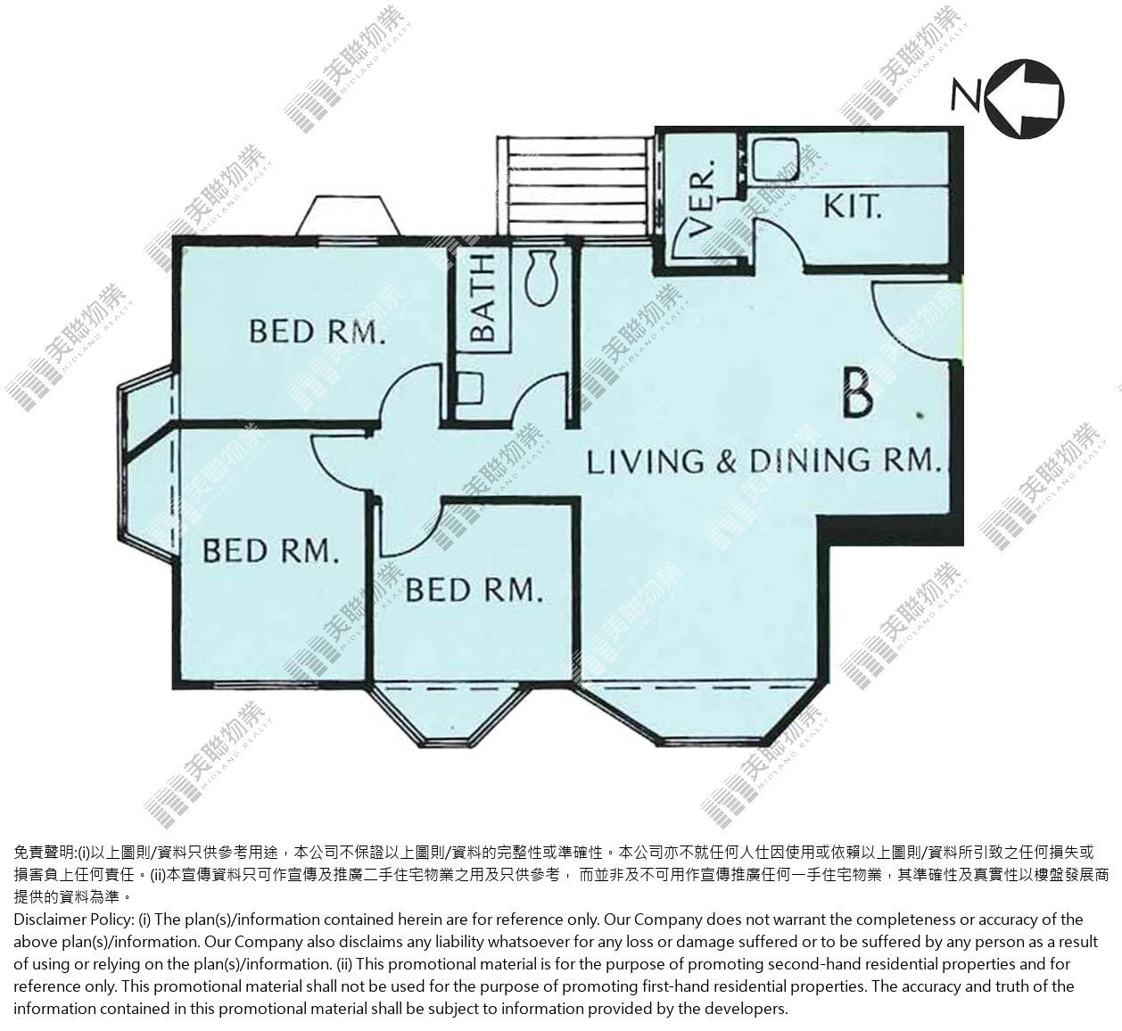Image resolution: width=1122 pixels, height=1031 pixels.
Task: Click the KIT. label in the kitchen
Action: point(852,206)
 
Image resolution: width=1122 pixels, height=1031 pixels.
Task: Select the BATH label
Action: point(483,297)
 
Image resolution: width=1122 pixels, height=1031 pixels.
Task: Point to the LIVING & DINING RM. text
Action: point(764,460)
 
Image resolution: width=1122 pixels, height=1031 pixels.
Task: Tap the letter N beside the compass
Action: point(967,95)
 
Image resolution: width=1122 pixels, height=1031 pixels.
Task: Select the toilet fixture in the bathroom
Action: point(541,277)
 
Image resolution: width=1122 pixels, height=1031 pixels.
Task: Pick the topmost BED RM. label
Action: point(318,331)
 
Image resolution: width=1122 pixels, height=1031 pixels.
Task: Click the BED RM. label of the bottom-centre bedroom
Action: point(474,590)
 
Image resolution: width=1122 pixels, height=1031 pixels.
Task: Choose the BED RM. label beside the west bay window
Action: point(271,550)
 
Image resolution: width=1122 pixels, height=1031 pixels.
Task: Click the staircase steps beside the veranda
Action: point(576,186)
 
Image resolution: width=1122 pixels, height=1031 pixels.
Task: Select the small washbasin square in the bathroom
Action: point(470,387)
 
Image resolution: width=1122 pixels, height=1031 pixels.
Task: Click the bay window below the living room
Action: point(695,715)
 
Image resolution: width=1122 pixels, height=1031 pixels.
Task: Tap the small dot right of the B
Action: point(920,415)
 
